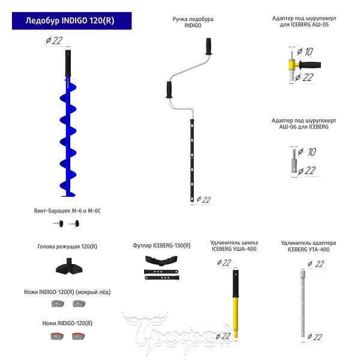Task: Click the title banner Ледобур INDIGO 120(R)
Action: pos(70,20)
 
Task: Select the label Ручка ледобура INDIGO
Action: pos(193,23)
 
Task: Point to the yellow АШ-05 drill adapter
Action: pos(293,65)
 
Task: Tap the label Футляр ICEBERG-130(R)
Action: pos(162,245)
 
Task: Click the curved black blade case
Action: pos(162,262)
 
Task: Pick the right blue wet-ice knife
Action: pos(78,304)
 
